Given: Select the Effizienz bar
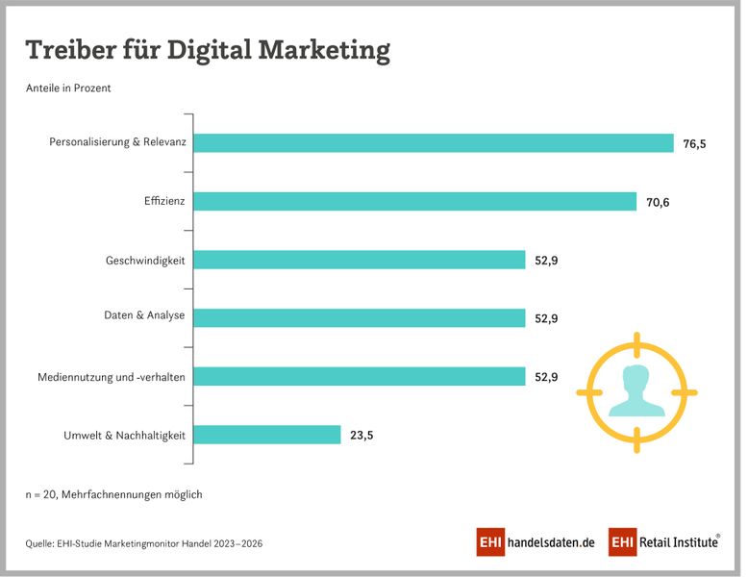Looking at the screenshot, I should (416, 202).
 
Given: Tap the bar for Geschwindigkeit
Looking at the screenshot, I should (361, 260).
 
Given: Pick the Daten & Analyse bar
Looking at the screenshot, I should (361, 318).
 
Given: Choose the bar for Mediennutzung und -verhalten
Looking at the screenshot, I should (361, 377).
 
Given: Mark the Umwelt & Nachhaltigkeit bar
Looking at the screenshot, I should (268, 435).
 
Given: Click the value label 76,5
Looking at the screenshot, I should (695, 143).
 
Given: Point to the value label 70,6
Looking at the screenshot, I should (659, 202).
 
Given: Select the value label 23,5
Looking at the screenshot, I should (362, 435).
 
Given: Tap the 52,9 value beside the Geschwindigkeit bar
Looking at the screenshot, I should (547, 260).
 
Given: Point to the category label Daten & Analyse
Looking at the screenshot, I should (144, 315).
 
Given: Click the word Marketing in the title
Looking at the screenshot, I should (324, 50).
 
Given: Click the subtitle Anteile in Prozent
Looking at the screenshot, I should (68, 88).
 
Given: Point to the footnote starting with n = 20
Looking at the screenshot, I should (113, 494).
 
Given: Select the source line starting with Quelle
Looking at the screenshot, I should (144, 543).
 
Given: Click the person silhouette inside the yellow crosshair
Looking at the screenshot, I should (636, 390).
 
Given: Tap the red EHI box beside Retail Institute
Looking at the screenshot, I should (622, 542).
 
